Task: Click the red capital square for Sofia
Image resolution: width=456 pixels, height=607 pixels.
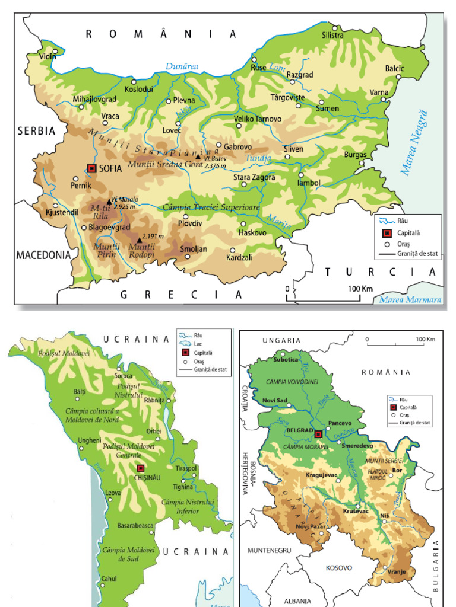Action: click(91, 168)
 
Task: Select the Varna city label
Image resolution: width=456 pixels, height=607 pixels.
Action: click(379, 92)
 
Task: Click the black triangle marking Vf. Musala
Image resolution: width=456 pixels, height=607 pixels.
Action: click(109, 201)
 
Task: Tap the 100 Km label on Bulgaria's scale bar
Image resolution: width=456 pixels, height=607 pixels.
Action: click(360, 289)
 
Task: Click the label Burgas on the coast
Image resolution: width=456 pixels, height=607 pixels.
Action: click(356, 155)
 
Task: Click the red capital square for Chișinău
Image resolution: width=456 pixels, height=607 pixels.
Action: click(140, 468)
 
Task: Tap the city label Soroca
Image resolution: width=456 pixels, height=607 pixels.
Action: click(124, 376)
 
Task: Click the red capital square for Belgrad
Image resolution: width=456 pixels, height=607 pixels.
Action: click(318, 434)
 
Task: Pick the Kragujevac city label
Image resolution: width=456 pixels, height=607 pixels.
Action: click(321, 474)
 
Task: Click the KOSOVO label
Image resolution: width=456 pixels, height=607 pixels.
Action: click(339, 567)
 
